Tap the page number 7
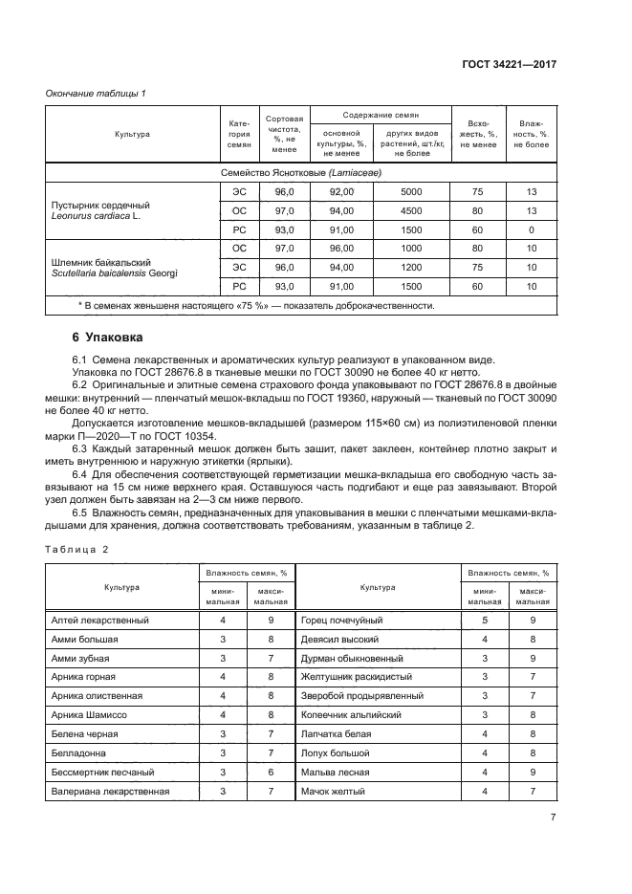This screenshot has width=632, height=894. (554, 817)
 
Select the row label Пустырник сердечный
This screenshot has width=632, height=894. (99, 204)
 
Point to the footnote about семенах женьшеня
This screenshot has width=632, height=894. (255, 306)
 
